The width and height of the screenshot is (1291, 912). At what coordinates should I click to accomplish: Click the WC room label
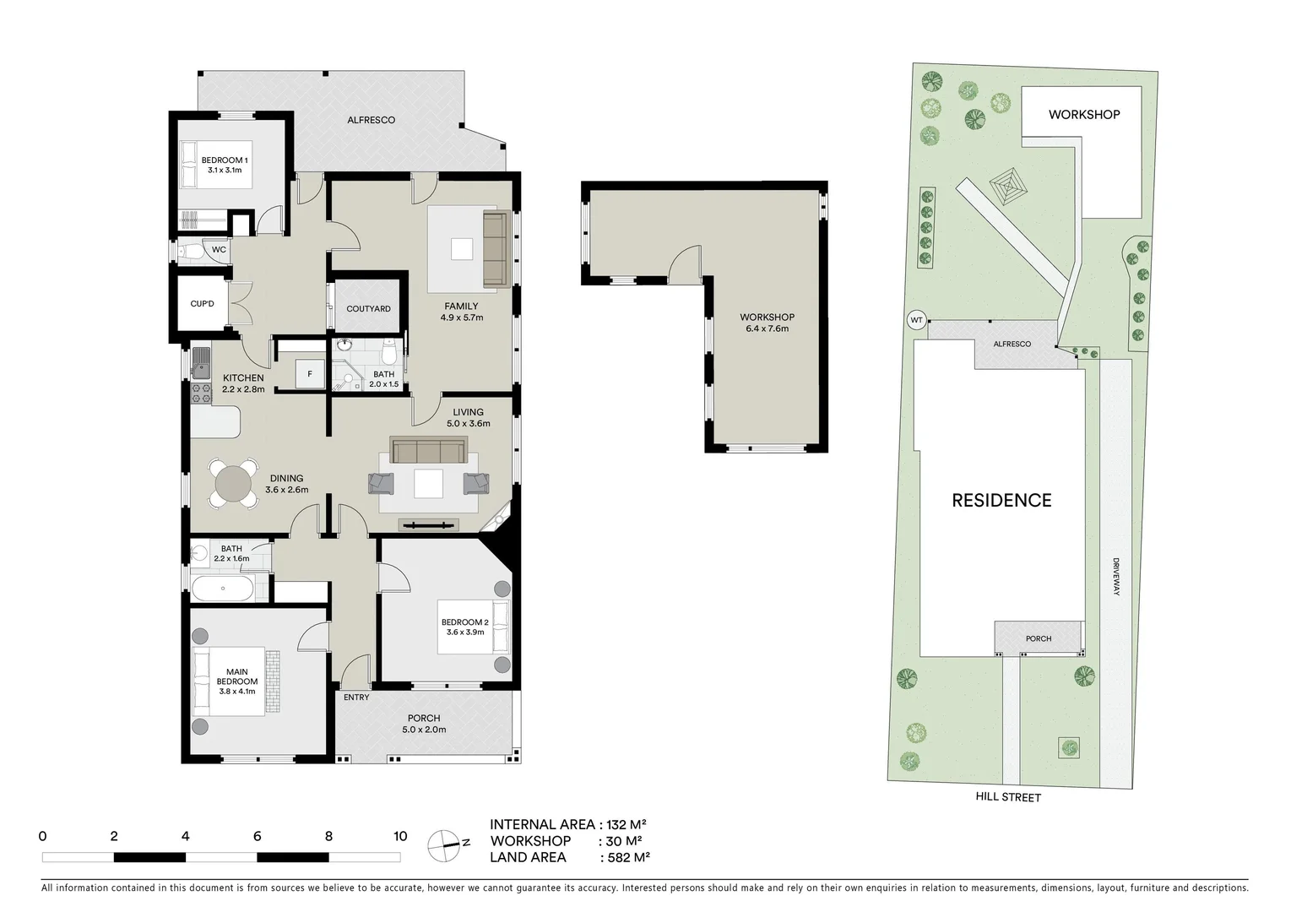click(219, 250)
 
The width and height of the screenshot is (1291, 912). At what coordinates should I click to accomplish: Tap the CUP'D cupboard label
click(202, 304)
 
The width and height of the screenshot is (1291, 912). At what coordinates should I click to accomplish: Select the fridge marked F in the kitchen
click(309, 373)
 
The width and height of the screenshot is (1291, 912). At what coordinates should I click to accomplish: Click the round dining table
click(233, 486)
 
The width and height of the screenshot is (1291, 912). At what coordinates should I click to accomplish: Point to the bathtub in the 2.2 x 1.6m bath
click(221, 589)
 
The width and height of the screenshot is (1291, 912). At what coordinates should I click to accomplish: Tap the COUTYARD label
click(368, 309)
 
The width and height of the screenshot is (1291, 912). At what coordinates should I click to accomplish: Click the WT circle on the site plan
click(915, 320)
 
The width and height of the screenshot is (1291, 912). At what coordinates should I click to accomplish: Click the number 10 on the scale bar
click(400, 837)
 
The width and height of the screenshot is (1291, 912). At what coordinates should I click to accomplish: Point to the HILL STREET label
click(1008, 797)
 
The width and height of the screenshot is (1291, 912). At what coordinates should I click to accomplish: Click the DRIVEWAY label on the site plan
click(1115, 577)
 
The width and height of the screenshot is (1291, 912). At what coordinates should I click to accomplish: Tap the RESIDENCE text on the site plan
click(1001, 501)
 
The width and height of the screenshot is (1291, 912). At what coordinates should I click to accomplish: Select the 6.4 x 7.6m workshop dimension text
click(767, 328)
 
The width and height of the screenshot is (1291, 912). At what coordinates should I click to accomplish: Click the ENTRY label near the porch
click(356, 698)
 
